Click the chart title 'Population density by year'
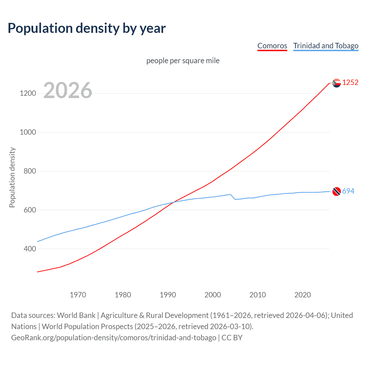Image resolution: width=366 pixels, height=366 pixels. tap(87, 28)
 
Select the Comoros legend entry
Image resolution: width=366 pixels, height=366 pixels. tap(272, 46)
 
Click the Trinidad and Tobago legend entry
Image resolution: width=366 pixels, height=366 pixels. tap(326, 46)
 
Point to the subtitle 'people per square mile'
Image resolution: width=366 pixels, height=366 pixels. tap(183, 61)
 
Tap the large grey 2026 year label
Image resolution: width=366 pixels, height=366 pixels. tap(68, 90)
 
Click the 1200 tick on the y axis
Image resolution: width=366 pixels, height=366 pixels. tap(28, 93)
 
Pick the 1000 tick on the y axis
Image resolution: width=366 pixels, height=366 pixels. tap(28, 132)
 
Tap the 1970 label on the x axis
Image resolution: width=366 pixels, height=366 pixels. tap(78, 295)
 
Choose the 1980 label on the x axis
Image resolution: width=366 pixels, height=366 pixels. tap(123, 295)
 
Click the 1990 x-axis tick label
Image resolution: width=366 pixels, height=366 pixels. tap(168, 295)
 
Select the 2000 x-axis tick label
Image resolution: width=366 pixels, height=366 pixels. tap(213, 295)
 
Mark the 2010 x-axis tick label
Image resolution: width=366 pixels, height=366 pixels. tap(258, 295)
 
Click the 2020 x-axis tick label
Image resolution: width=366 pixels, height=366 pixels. tap(303, 295)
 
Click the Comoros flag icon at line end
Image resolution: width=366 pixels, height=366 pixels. tap(337, 83)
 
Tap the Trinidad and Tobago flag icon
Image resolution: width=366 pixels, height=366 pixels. tap(337, 191)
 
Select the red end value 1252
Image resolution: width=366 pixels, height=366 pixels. tap(350, 82)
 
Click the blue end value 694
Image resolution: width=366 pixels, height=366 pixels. tap(348, 191)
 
